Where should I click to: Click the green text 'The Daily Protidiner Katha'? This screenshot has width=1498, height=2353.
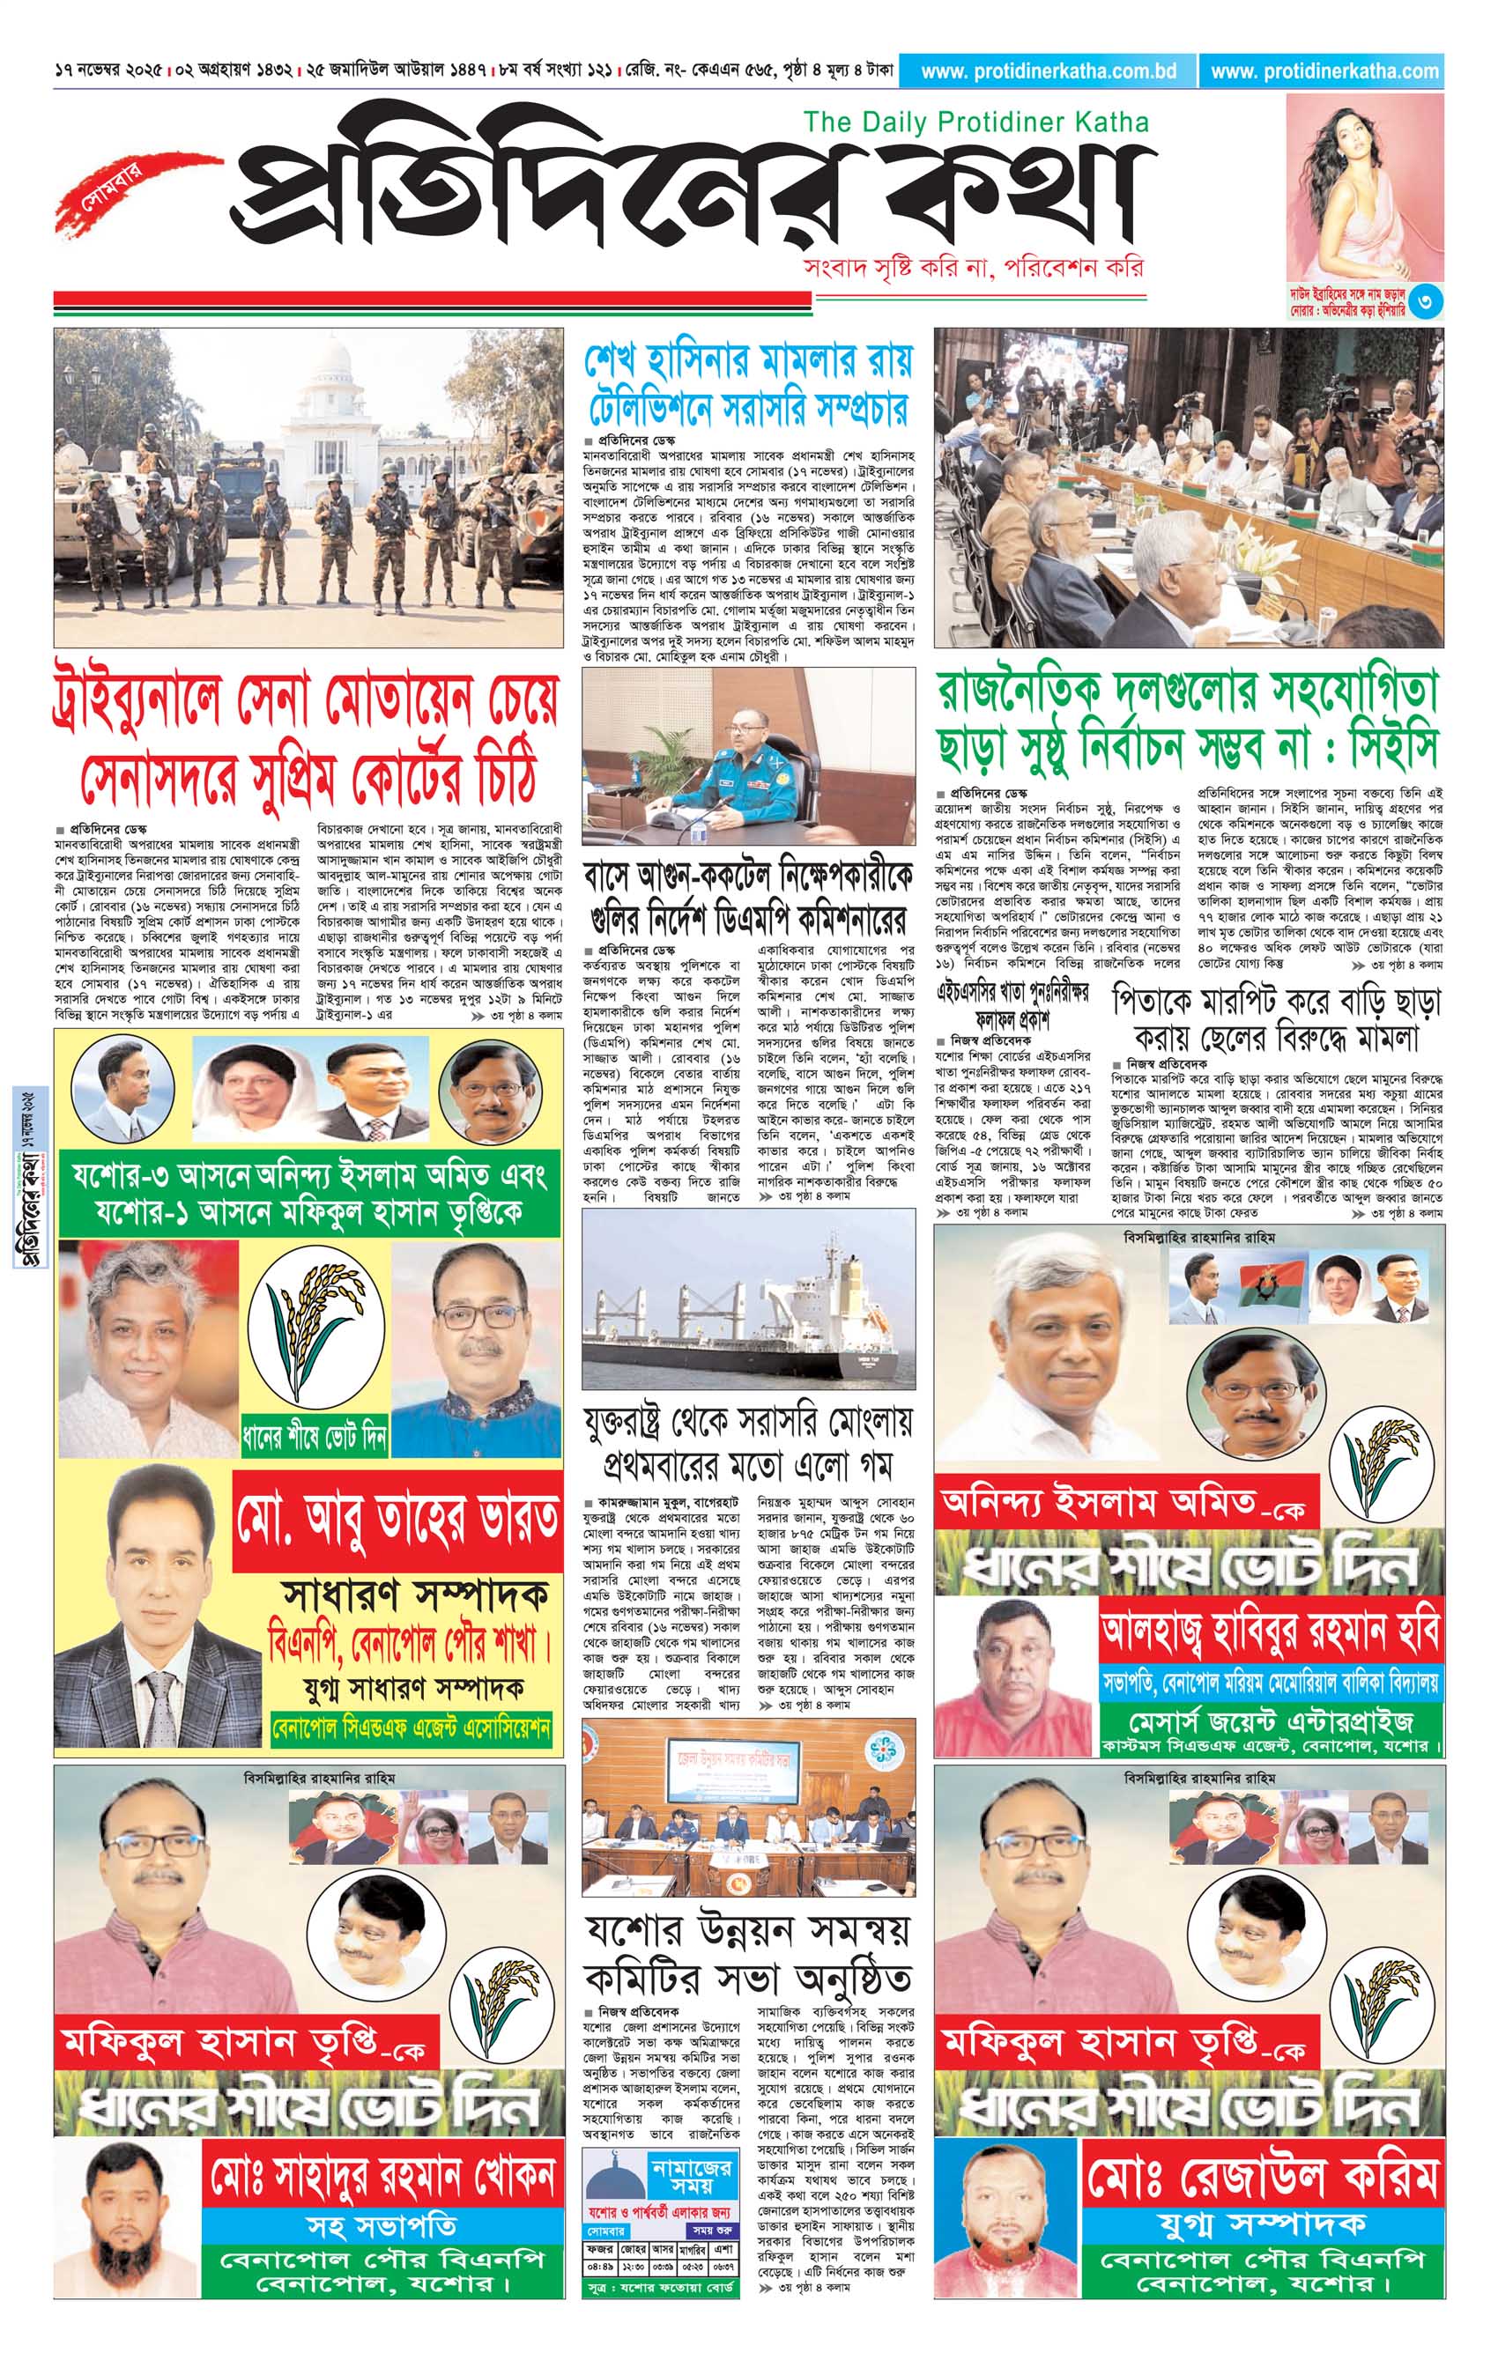pos(975,122)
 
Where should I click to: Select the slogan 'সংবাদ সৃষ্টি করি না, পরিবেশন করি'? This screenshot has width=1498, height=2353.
pos(971,268)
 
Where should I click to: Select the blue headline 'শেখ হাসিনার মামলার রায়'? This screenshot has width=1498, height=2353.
pos(747,361)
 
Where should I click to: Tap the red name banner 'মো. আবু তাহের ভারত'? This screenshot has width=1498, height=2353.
pos(397,1521)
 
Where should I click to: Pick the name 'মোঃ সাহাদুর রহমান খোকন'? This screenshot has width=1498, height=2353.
pos(383,2176)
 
